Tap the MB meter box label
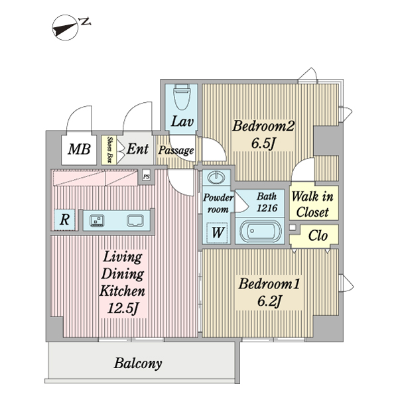[80, 149]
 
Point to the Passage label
[176, 151]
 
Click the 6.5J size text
[263, 143]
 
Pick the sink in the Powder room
[216, 178]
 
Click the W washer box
[216, 232]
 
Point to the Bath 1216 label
[267, 202]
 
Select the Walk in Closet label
[313, 204]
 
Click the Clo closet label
[318, 236]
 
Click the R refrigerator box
[65, 220]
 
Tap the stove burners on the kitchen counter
[96, 220]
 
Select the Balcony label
[138, 364]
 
